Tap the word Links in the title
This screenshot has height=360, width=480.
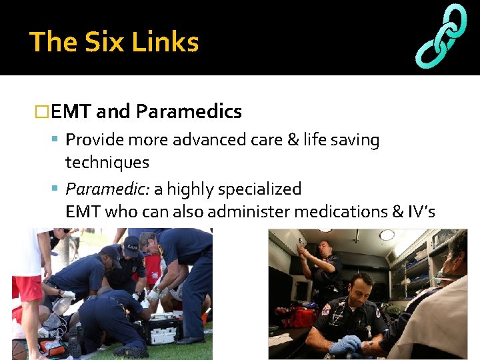(165, 42)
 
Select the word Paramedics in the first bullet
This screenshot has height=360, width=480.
(189, 111)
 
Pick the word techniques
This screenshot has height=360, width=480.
(107, 162)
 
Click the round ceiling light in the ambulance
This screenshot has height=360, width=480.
(387, 235)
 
